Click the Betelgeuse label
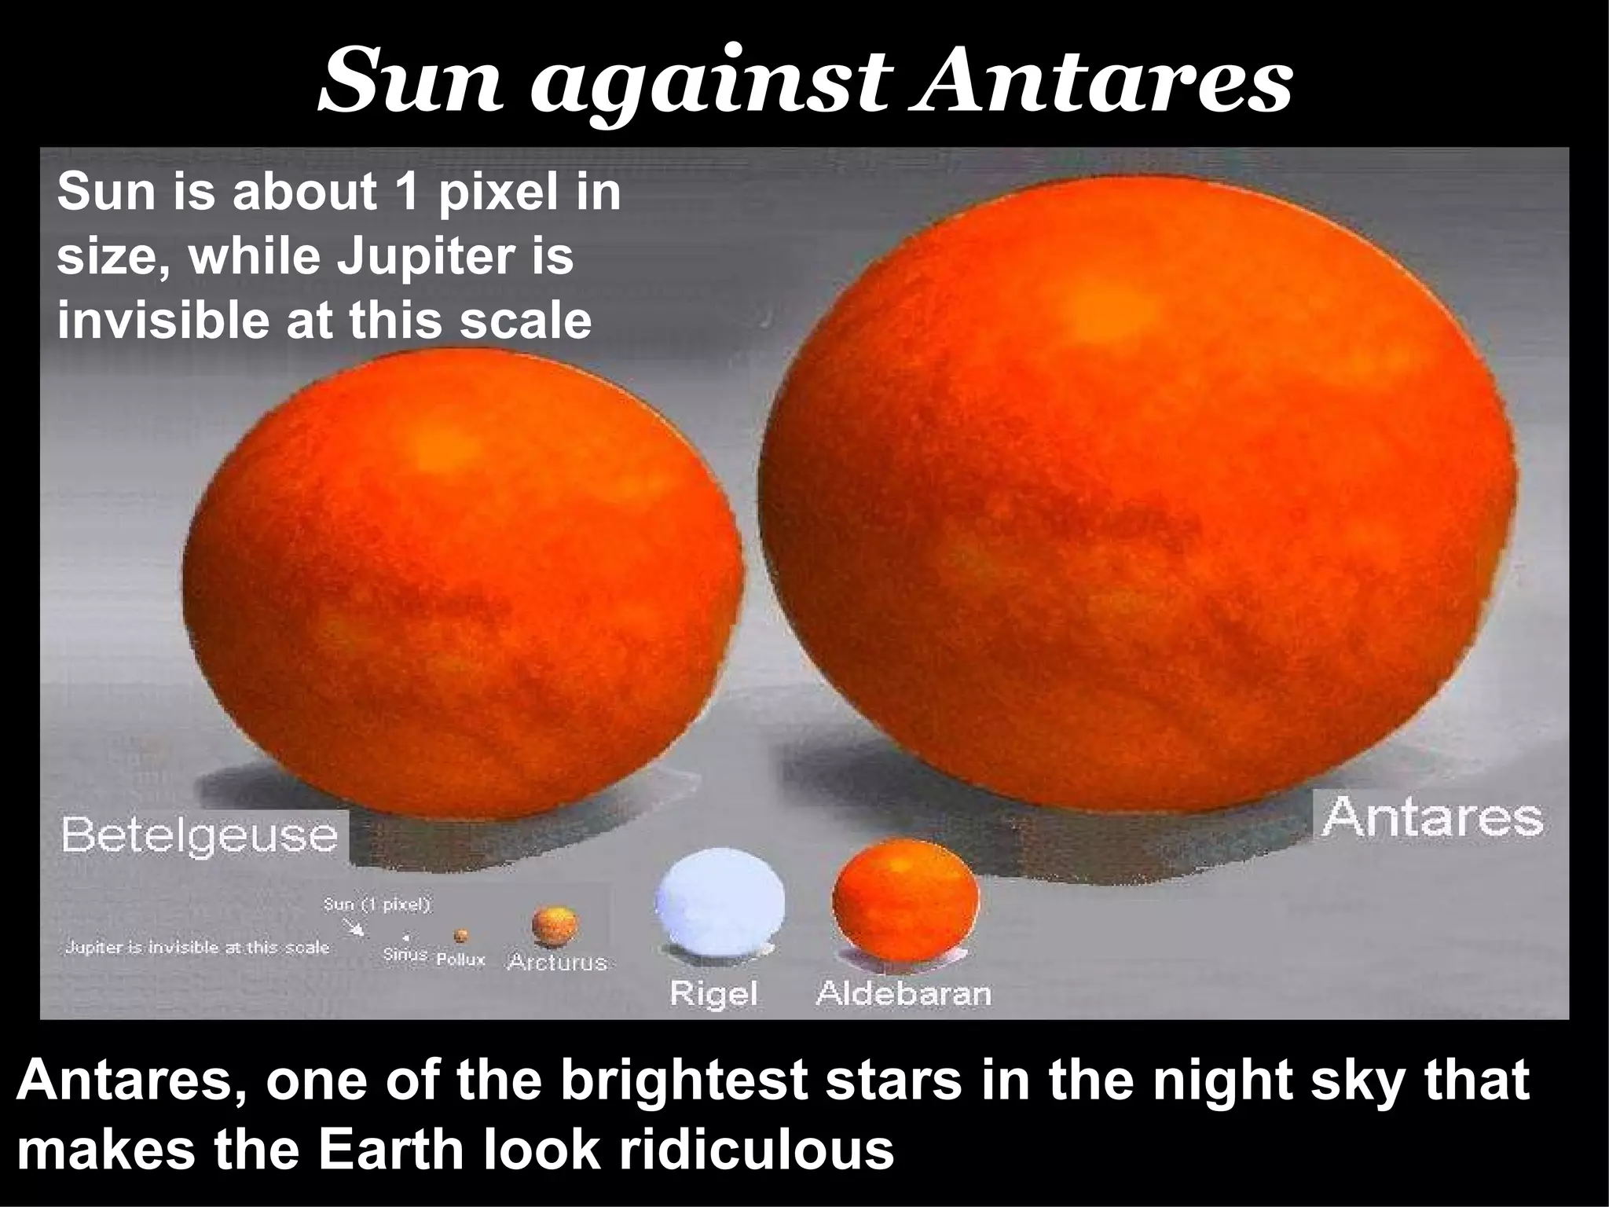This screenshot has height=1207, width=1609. pos(200,835)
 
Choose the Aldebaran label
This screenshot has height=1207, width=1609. pos(903,993)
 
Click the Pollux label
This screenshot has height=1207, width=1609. pos(461,959)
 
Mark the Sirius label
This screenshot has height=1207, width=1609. pos(405,956)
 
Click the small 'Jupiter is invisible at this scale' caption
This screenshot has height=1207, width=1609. pos(196,948)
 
